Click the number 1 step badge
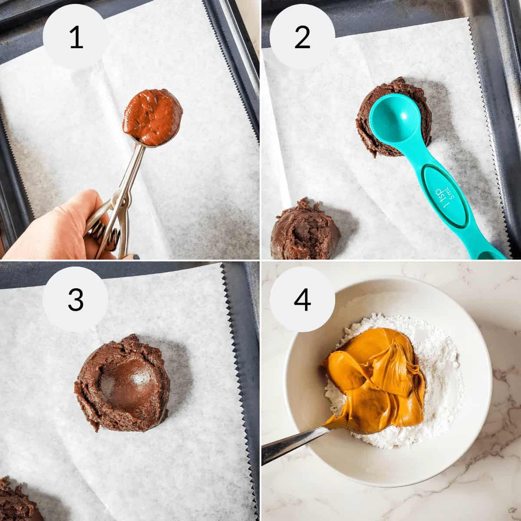(x=76, y=38)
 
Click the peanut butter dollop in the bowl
(x=373, y=373)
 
